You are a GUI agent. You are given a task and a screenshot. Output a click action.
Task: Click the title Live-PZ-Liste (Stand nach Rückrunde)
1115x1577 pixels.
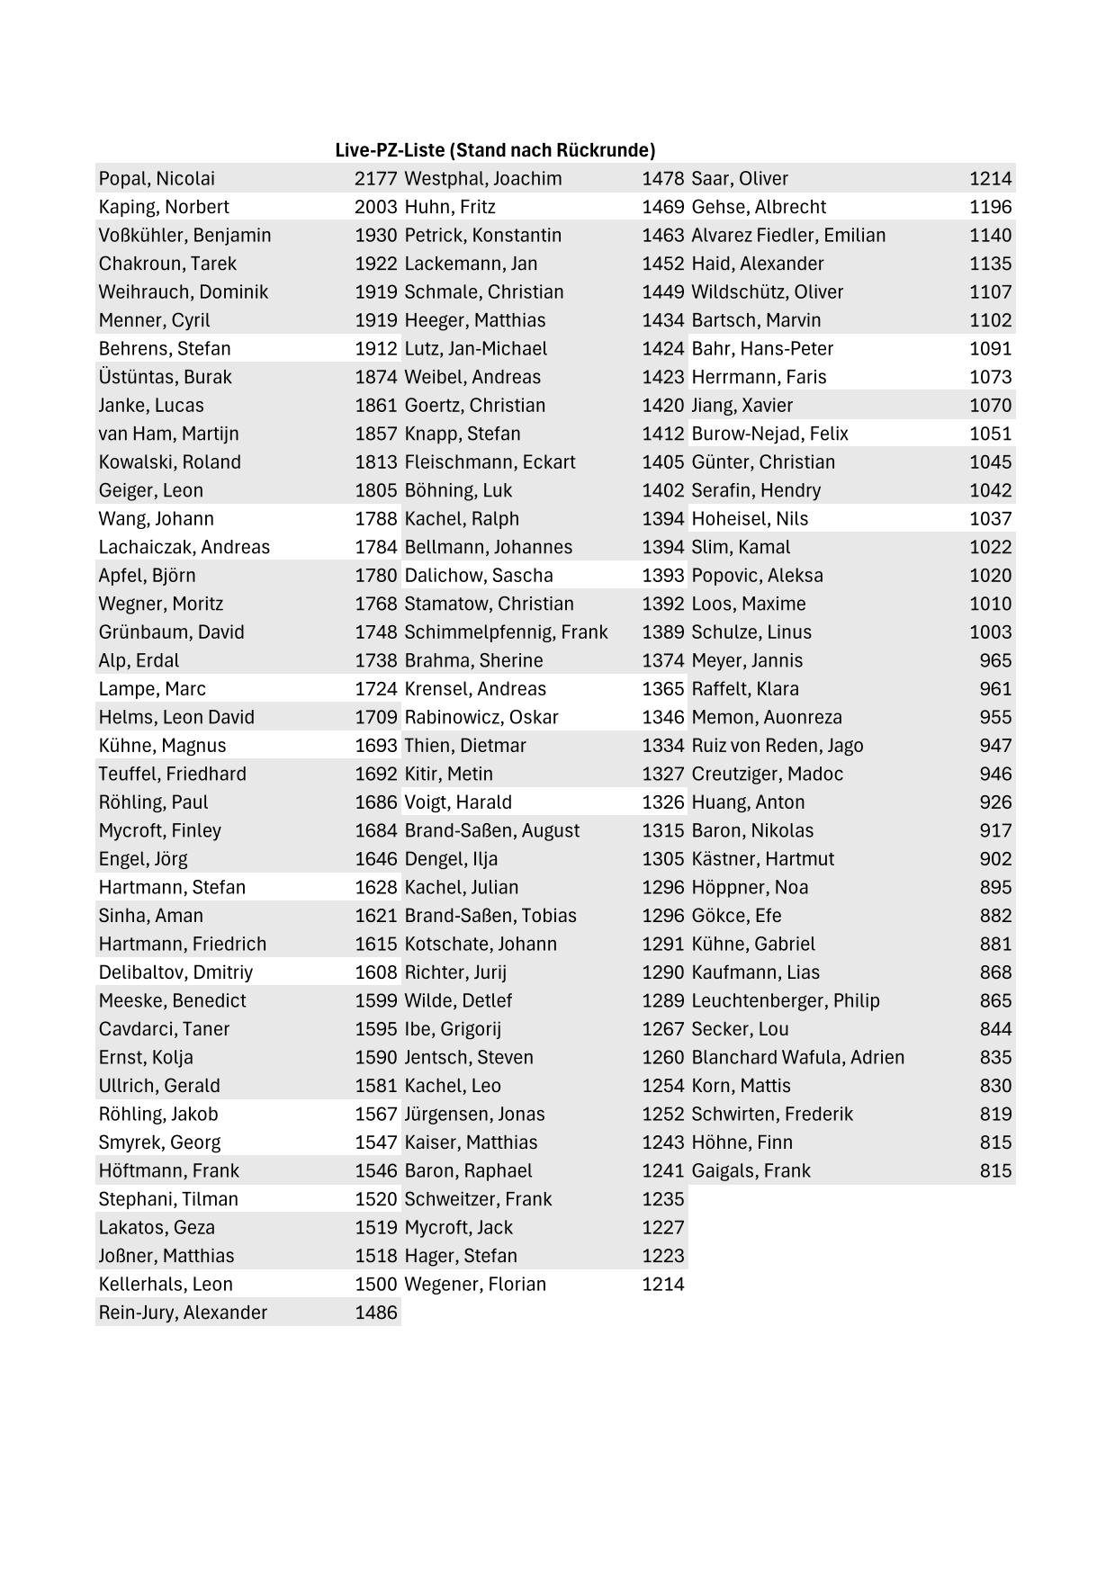coord(495,150)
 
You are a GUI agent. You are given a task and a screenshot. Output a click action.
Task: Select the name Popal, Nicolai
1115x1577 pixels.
coord(157,179)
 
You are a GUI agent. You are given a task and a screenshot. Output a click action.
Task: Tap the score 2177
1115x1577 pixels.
coord(375,179)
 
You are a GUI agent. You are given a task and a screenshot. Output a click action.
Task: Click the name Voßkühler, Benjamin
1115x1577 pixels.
coord(184,236)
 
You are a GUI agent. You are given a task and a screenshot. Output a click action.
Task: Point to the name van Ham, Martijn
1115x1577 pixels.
coord(168,434)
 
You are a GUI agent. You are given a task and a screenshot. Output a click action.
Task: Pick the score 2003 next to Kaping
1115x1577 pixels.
coord(375,207)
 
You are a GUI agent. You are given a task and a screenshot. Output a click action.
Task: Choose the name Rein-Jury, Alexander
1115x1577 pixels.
coord(183,1313)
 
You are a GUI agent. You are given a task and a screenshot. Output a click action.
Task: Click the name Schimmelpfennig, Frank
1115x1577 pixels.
coord(506,632)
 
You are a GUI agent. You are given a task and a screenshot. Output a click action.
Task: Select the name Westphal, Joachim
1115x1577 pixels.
coord(482,179)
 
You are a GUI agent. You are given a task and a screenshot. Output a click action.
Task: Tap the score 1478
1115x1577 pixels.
coord(662,179)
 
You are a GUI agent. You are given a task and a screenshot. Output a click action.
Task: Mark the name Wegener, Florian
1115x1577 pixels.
coord(475,1285)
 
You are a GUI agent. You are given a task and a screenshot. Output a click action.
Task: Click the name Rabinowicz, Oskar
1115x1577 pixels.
coord(481,718)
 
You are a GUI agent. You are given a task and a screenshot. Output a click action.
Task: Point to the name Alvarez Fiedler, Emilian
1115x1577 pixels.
coord(788,236)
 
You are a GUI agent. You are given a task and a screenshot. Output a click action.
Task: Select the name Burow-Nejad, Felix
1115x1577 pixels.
coord(769,434)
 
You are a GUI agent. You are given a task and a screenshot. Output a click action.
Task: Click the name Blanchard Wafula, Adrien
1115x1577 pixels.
coord(797,1058)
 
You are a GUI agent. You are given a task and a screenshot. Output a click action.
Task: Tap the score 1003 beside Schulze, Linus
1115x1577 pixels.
coord(990,632)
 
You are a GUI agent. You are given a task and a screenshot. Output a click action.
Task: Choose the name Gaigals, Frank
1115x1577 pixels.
coord(751,1171)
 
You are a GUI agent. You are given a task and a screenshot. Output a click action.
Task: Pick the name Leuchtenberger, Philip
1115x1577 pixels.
coord(785,1001)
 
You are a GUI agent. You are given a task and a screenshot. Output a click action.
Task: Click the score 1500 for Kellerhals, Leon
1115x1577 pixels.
coord(375,1285)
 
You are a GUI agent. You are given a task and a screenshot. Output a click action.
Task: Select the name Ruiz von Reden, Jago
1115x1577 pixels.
coord(777,746)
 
